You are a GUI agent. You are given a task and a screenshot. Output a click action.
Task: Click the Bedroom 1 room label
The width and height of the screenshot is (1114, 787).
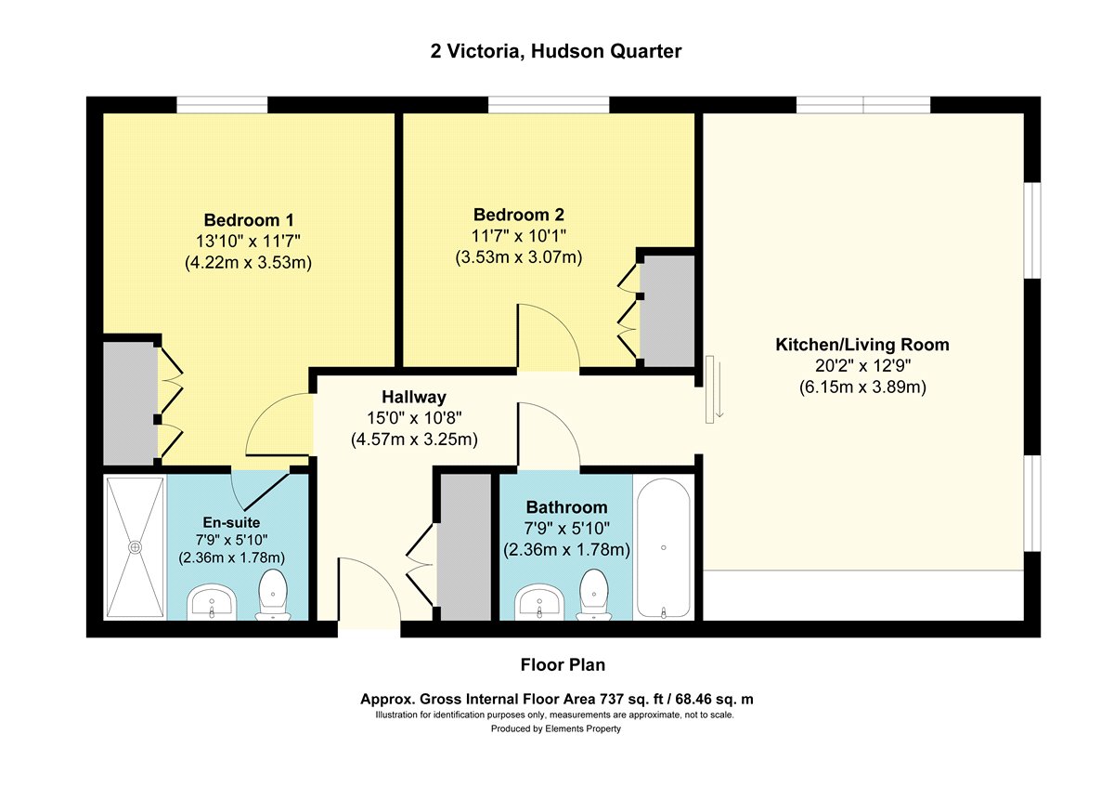point(249,220)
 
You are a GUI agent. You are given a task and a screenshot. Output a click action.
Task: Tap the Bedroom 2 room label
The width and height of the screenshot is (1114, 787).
point(519,215)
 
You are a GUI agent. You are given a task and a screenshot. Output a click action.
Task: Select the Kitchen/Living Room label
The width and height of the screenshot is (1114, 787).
point(862,345)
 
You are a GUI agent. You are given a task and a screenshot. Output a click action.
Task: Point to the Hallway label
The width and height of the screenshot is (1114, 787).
point(414,397)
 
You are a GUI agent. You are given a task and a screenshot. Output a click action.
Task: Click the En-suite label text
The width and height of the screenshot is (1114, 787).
point(231,522)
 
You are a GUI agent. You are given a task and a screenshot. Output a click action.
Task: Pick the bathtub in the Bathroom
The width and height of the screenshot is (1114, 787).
point(664,547)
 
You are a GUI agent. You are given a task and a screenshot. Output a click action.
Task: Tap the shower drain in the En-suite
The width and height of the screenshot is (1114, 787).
point(135,547)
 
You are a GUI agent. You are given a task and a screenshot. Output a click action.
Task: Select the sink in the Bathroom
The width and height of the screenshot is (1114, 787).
point(539,602)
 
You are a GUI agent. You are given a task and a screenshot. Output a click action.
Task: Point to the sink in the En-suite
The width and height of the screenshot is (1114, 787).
point(212,602)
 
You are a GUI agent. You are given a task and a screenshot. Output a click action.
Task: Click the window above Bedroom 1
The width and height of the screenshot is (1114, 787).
point(222,105)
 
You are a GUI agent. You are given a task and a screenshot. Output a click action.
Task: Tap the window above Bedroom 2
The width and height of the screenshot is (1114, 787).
point(549,105)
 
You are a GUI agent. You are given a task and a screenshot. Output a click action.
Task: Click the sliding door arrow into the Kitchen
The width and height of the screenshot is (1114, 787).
point(719,389)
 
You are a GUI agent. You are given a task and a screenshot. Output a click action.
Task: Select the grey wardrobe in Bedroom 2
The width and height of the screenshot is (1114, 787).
point(667,311)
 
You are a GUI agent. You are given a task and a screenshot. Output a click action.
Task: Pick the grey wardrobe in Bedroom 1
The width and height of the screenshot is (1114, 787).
point(130,403)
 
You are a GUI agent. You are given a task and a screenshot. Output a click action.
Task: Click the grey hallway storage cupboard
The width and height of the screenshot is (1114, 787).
point(466,547)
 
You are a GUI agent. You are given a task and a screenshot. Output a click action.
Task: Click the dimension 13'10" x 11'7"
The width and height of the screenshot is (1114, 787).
point(248,242)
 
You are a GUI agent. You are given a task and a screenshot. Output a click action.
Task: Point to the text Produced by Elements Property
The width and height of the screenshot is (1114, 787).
point(556,728)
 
